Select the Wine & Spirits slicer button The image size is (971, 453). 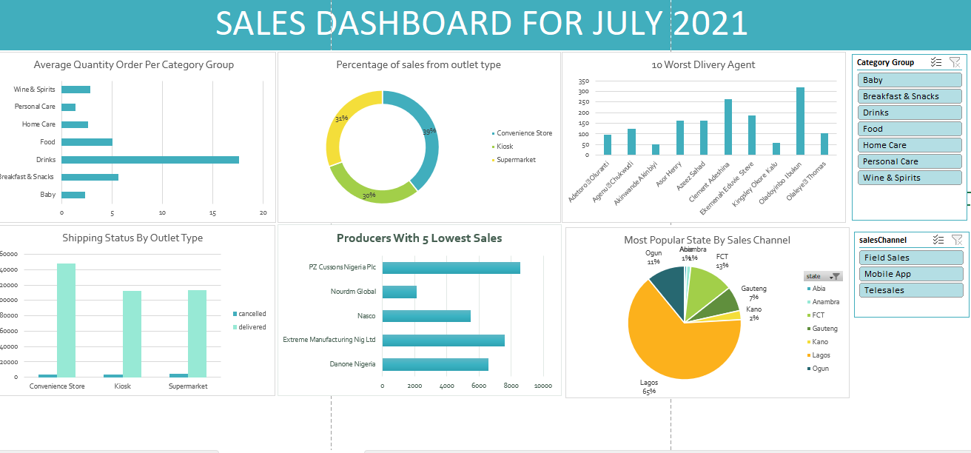[x=910, y=178]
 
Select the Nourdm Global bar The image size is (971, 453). [x=399, y=292]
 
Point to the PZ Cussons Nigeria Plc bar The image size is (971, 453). [x=451, y=267]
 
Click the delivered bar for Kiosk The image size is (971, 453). [x=132, y=333]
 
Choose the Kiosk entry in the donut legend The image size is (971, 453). [x=505, y=147]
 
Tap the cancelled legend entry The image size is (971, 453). [x=252, y=314]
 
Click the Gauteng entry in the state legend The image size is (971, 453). [x=824, y=329]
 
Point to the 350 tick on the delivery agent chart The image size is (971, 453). [x=584, y=81]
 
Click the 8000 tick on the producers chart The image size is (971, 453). [x=511, y=386]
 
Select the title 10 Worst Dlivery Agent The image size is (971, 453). [x=703, y=64]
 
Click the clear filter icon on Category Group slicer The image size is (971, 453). [x=955, y=63]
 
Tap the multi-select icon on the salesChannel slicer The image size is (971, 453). [x=938, y=240]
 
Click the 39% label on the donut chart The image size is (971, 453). [x=429, y=132]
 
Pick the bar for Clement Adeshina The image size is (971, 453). [x=728, y=127]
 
